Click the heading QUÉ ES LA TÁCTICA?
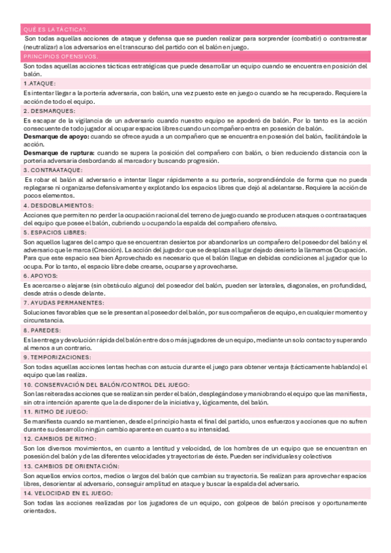55,29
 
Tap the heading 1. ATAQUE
39,84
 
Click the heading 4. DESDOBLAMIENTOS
59,205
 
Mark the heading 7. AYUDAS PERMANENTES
61,303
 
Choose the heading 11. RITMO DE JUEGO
55,412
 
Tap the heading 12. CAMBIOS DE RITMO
59,439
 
